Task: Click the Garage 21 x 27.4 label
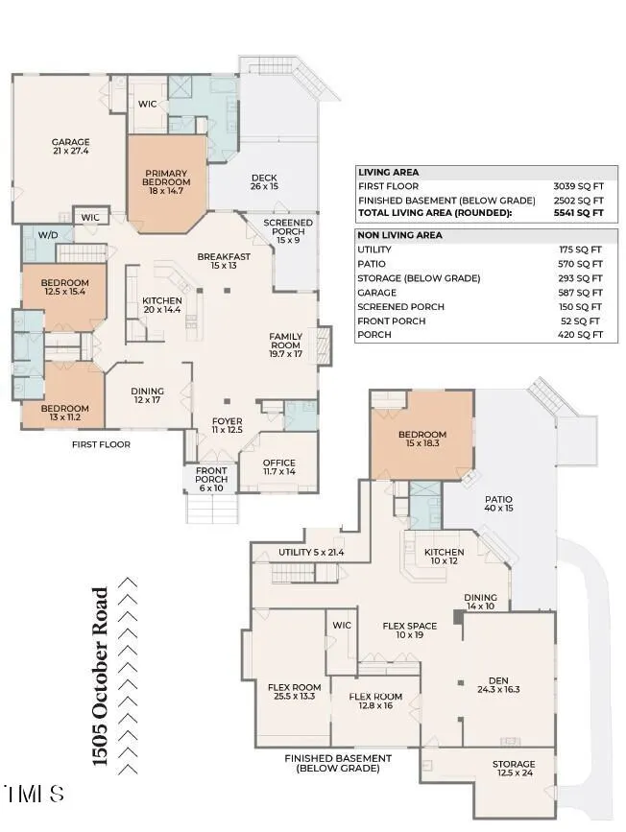tap(71, 147)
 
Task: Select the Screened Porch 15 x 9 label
tap(288, 231)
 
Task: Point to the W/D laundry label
tap(48, 234)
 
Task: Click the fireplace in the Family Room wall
tap(324, 345)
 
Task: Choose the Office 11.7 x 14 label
tap(279, 467)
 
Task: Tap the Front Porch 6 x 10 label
tap(211, 479)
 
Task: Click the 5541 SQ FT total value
tap(578, 213)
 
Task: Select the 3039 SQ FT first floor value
tap(578, 186)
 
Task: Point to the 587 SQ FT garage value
tap(580, 293)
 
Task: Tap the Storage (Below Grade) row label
tap(419, 278)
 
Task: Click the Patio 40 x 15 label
tap(498, 504)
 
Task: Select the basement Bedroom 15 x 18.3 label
tap(422, 439)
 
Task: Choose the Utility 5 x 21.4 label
tap(311, 553)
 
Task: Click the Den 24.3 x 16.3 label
tap(498, 685)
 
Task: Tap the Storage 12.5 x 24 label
tap(514, 769)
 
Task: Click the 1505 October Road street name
tap(101, 677)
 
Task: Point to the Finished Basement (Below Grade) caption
tap(338, 764)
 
